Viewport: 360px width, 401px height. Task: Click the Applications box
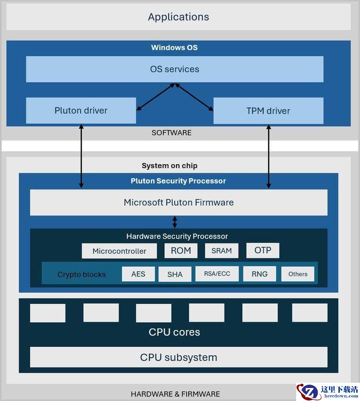click(x=179, y=17)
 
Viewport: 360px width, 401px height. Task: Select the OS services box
click(x=175, y=69)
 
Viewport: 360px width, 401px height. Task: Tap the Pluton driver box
click(x=81, y=110)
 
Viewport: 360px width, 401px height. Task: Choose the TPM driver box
click(x=268, y=111)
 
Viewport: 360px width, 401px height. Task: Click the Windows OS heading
click(x=174, y=48)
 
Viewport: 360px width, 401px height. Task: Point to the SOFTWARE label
click(x=171, y=133)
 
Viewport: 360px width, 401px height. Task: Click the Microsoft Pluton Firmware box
click(x=179, y=203)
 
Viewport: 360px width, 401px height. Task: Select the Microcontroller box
click(x=120, y=251)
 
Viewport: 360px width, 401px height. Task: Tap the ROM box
click(x=181, y=250)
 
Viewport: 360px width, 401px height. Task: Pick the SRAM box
click(x=222, y=251)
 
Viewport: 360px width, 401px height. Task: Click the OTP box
click(x=263, y=250)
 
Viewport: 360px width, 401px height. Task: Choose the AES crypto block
click(x=138, y=274)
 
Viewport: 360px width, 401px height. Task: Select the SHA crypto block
click(x=175, y=274)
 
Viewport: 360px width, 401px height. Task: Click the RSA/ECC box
click(x=217, y=274)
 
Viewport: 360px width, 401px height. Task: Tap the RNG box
click(x=260, y=274)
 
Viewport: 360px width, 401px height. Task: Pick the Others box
click(x=298, y=274)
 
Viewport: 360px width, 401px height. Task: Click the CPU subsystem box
click(x=179, y=357)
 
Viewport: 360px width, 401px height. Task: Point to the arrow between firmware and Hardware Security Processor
click(x=175, y=222)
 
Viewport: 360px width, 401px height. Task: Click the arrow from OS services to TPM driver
click(x=194, y=97)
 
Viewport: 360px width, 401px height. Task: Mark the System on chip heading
click(x=169, y=166)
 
